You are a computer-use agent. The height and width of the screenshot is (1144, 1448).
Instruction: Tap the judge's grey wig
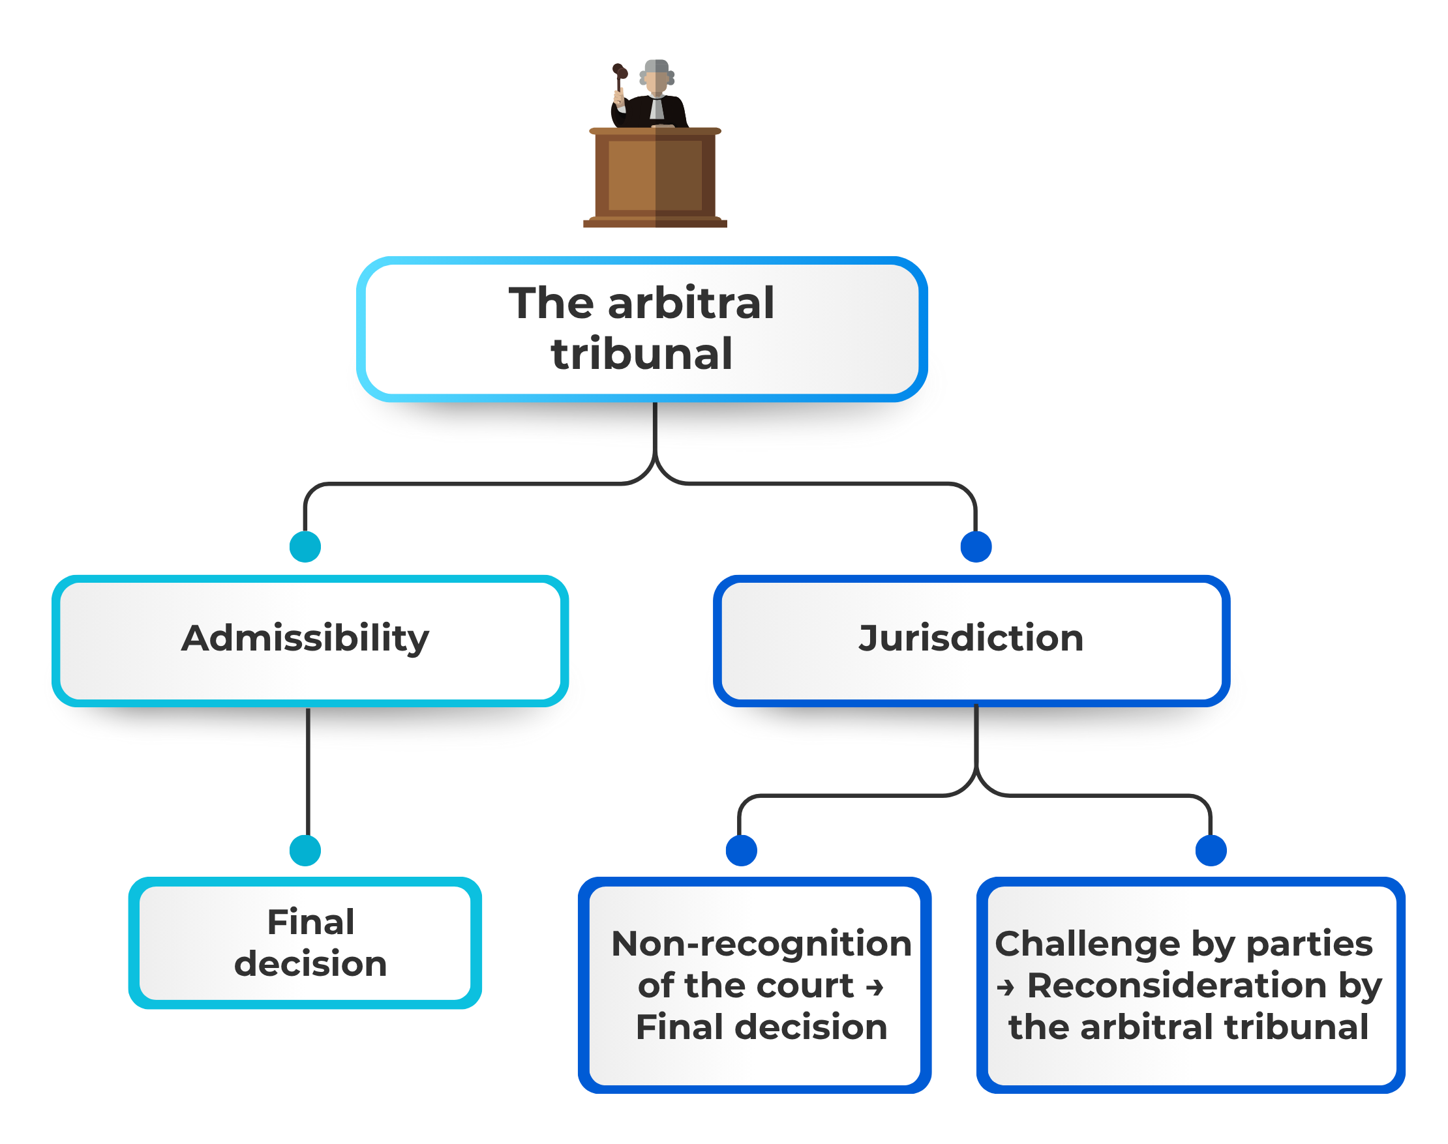[x=657, y=72]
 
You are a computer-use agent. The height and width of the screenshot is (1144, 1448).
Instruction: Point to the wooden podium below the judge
[x=655, y=177]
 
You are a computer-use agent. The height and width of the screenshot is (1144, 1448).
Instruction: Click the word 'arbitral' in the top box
[x=691, y=302]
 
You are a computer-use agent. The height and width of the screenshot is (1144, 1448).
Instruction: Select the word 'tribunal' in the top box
[x=641, y=354]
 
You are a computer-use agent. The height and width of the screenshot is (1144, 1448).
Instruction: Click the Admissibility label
[x=305, y=638]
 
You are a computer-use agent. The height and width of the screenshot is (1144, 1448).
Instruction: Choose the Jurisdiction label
[x=971, y=638]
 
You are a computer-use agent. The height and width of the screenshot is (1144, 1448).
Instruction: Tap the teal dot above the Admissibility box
[x=305, y=546]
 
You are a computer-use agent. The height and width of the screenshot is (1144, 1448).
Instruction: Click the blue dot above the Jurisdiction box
[x=976, y=546]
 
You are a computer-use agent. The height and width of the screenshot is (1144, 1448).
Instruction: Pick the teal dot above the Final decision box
[x=305, y=851]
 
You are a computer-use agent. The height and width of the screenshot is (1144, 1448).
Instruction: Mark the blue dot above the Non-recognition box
[x=741, y=851]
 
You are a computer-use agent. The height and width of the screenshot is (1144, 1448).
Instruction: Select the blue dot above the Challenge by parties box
[x=1210, y=851]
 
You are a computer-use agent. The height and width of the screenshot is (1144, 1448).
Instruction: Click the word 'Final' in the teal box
[x=311, y=922]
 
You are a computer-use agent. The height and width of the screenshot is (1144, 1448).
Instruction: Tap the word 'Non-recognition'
[x=761, y=944]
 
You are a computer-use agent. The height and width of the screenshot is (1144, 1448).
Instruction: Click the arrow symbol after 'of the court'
[x=875, y=987]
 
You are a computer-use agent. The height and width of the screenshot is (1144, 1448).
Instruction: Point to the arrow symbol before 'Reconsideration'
[x=1005, y=987]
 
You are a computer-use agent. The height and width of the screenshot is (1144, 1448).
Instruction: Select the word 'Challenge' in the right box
[x=1087, y=945]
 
